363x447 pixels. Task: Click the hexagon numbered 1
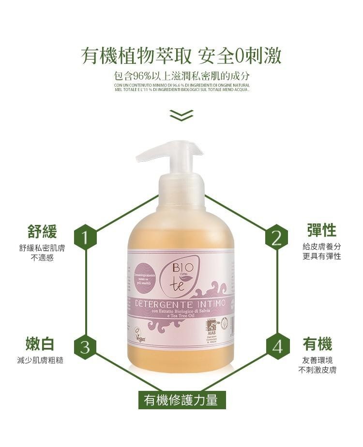86,238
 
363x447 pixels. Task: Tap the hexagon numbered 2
277,238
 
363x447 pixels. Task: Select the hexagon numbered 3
86,347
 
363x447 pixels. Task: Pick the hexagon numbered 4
277,347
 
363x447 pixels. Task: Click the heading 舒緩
42,231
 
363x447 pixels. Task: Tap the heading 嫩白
40,344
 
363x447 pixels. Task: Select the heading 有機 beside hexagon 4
318,344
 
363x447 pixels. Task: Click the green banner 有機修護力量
182,400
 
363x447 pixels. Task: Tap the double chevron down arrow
181,115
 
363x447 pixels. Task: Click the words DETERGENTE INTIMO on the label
180,304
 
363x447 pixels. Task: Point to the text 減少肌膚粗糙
41,360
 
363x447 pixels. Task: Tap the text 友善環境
318,360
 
